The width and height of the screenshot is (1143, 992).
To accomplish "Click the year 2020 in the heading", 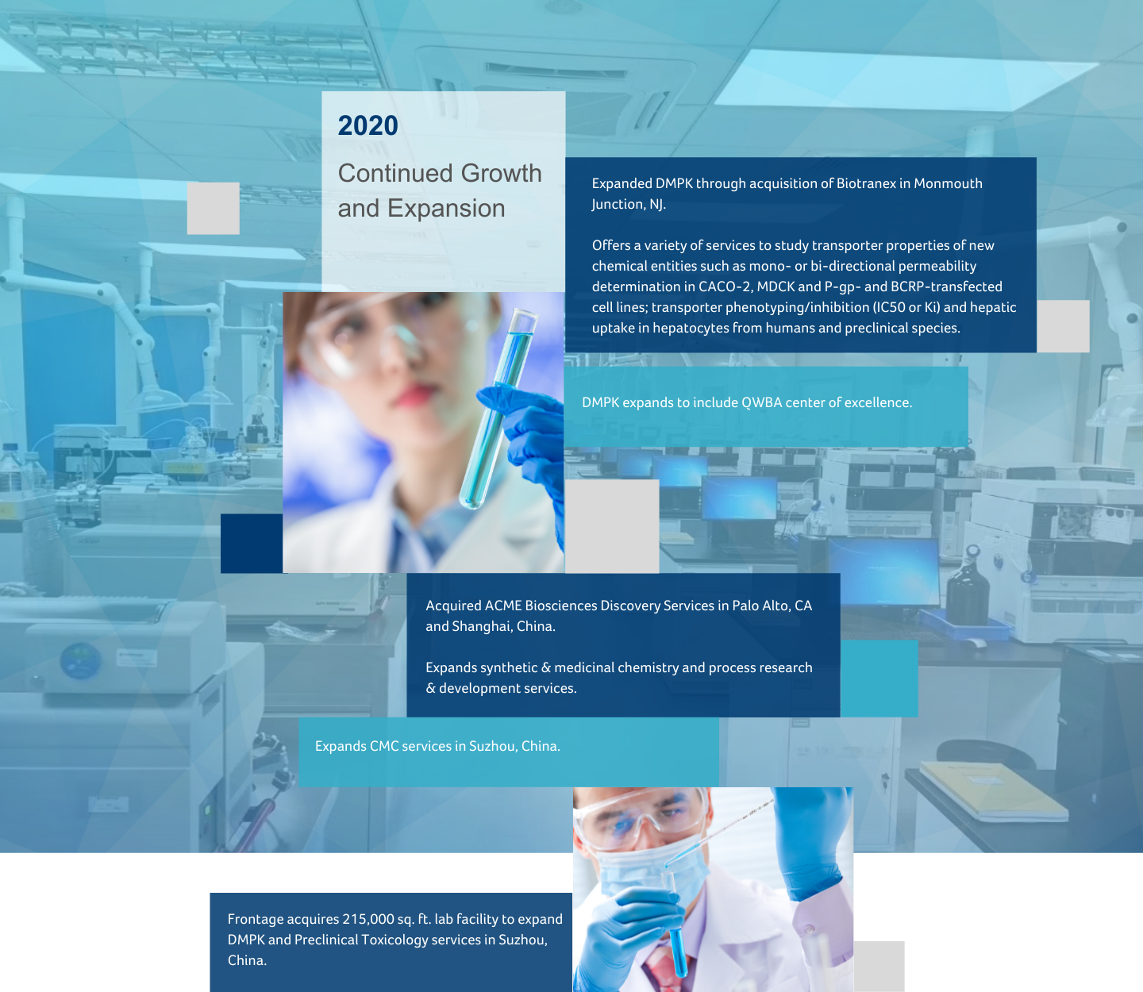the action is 368,125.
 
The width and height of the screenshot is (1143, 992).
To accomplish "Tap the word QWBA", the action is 761,402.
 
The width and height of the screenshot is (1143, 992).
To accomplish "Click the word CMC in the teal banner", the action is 384,746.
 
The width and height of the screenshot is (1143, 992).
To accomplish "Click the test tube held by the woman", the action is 497,409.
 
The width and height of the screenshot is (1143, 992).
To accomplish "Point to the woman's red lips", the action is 414,395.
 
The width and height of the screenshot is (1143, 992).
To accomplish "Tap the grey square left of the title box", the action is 213,209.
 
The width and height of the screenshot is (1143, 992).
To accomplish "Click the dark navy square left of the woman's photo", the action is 252,544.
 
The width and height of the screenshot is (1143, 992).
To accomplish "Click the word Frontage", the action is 255,920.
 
